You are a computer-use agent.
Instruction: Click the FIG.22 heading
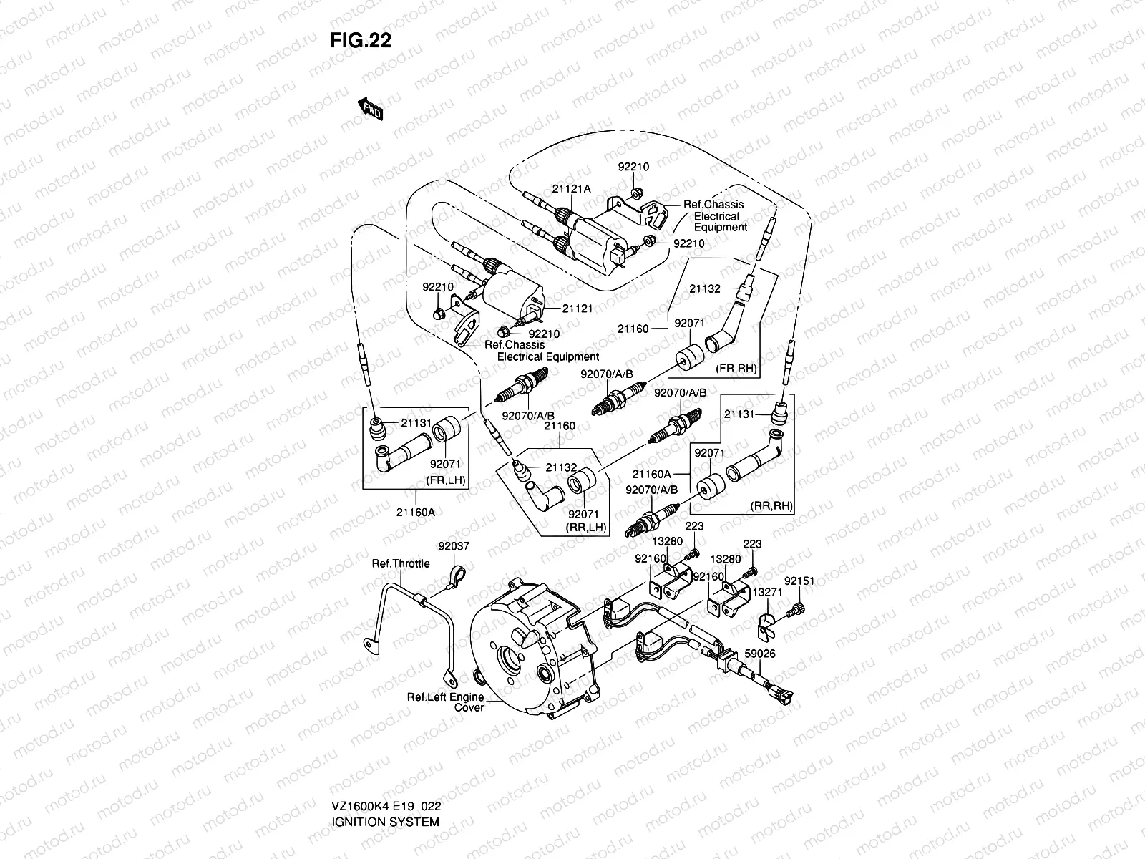[x=361, y=41]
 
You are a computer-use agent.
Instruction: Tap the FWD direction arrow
[x=371, y=109]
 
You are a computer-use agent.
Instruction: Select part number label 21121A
[x=571, y=189]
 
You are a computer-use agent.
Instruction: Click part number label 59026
[x=759, y=654]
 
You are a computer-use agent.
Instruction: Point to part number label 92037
[x=454, y=546]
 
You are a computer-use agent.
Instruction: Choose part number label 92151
[x=799, y=581]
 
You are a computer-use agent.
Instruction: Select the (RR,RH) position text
[x=771, y=505]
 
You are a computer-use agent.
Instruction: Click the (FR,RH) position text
[x=736, y=369]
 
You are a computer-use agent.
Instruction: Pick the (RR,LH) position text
[x=586, y=527]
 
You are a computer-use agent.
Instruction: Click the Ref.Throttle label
[x=401, y=563]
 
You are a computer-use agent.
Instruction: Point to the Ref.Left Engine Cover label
[x=446, y=702]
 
